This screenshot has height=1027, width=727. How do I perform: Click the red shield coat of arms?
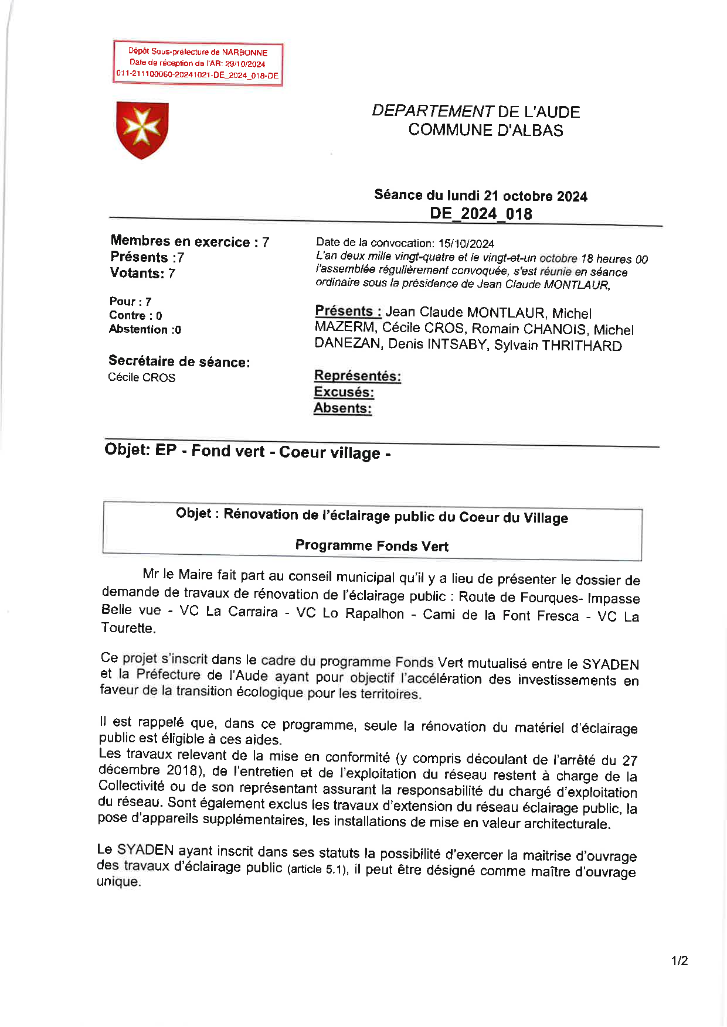pos(142,129)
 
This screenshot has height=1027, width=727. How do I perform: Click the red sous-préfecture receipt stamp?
pos(198,64)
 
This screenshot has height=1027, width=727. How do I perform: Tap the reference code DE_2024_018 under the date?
pos(481,214)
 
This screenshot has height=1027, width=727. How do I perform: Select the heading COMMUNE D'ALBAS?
pos(485,130)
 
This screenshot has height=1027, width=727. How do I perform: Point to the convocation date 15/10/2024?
pos(466,243)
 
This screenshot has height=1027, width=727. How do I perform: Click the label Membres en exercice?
pos(180,241)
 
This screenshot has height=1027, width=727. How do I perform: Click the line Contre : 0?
pos(135,315)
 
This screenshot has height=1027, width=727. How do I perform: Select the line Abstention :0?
pos(145,329)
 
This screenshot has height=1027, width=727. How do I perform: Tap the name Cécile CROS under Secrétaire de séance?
pos(141,377)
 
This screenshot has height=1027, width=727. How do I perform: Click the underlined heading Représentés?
pos(358,376)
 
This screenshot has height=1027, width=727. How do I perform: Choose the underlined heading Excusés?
pos(344,392)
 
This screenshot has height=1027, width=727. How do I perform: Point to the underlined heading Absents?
pos(342,408)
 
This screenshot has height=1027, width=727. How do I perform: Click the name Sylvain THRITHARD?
pos(558,345)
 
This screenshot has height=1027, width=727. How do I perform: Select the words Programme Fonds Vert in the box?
pos(372,545)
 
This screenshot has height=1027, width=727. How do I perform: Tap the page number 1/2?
pos(680,961)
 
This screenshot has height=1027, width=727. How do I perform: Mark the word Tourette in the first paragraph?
pos(128,628)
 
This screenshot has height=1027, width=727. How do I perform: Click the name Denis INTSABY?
pos(437,344)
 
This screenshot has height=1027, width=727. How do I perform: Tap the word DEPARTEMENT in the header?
pos(433,111)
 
